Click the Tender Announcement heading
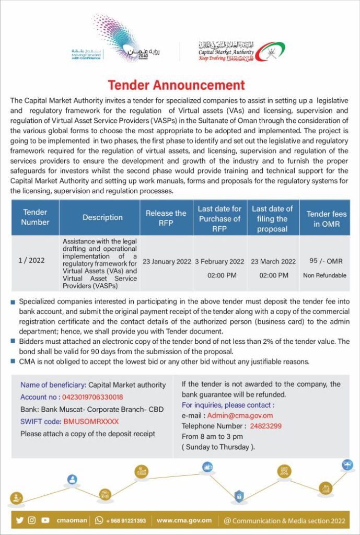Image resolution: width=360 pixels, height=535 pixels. pyautogui.click(x=176, y=85)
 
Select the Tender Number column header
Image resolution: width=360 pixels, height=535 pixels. pyautogui.click(x=35, y=217)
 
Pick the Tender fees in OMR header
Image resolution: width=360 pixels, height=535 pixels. pyautogui.click(x=326, y=218)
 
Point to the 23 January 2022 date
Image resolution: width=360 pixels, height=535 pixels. pyautogui.click(x=167, y=262)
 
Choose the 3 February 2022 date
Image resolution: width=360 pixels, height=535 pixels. pyautogui.click(x=219, y=262)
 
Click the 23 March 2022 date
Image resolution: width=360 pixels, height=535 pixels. pyautogui.click(x=273, y=262)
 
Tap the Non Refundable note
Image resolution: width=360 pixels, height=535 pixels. pyautogui.click(x=324, y=275)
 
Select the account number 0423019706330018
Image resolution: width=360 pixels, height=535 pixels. pyautogui.click(x=92, y=397)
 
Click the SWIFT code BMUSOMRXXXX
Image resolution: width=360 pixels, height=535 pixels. pyautogui.click(x=91, y=421)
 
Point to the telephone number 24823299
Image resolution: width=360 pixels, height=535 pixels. pyautogui.click(x=265, y=426)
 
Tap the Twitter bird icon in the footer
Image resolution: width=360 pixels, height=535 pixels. pyautogui.click(x=20, y=520)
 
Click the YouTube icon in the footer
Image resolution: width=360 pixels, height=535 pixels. pyautogui.click(x=45, y=520)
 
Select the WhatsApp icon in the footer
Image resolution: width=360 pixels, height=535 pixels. pyautogui.click(x=99, y=520)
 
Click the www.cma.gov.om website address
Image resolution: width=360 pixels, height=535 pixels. pyautogui.click(x=184, y=520)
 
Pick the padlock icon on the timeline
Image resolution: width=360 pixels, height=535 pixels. pyautogui.click(x=239, y=494)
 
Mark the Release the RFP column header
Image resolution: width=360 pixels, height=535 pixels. pyautogui.click(x=166, y=217)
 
